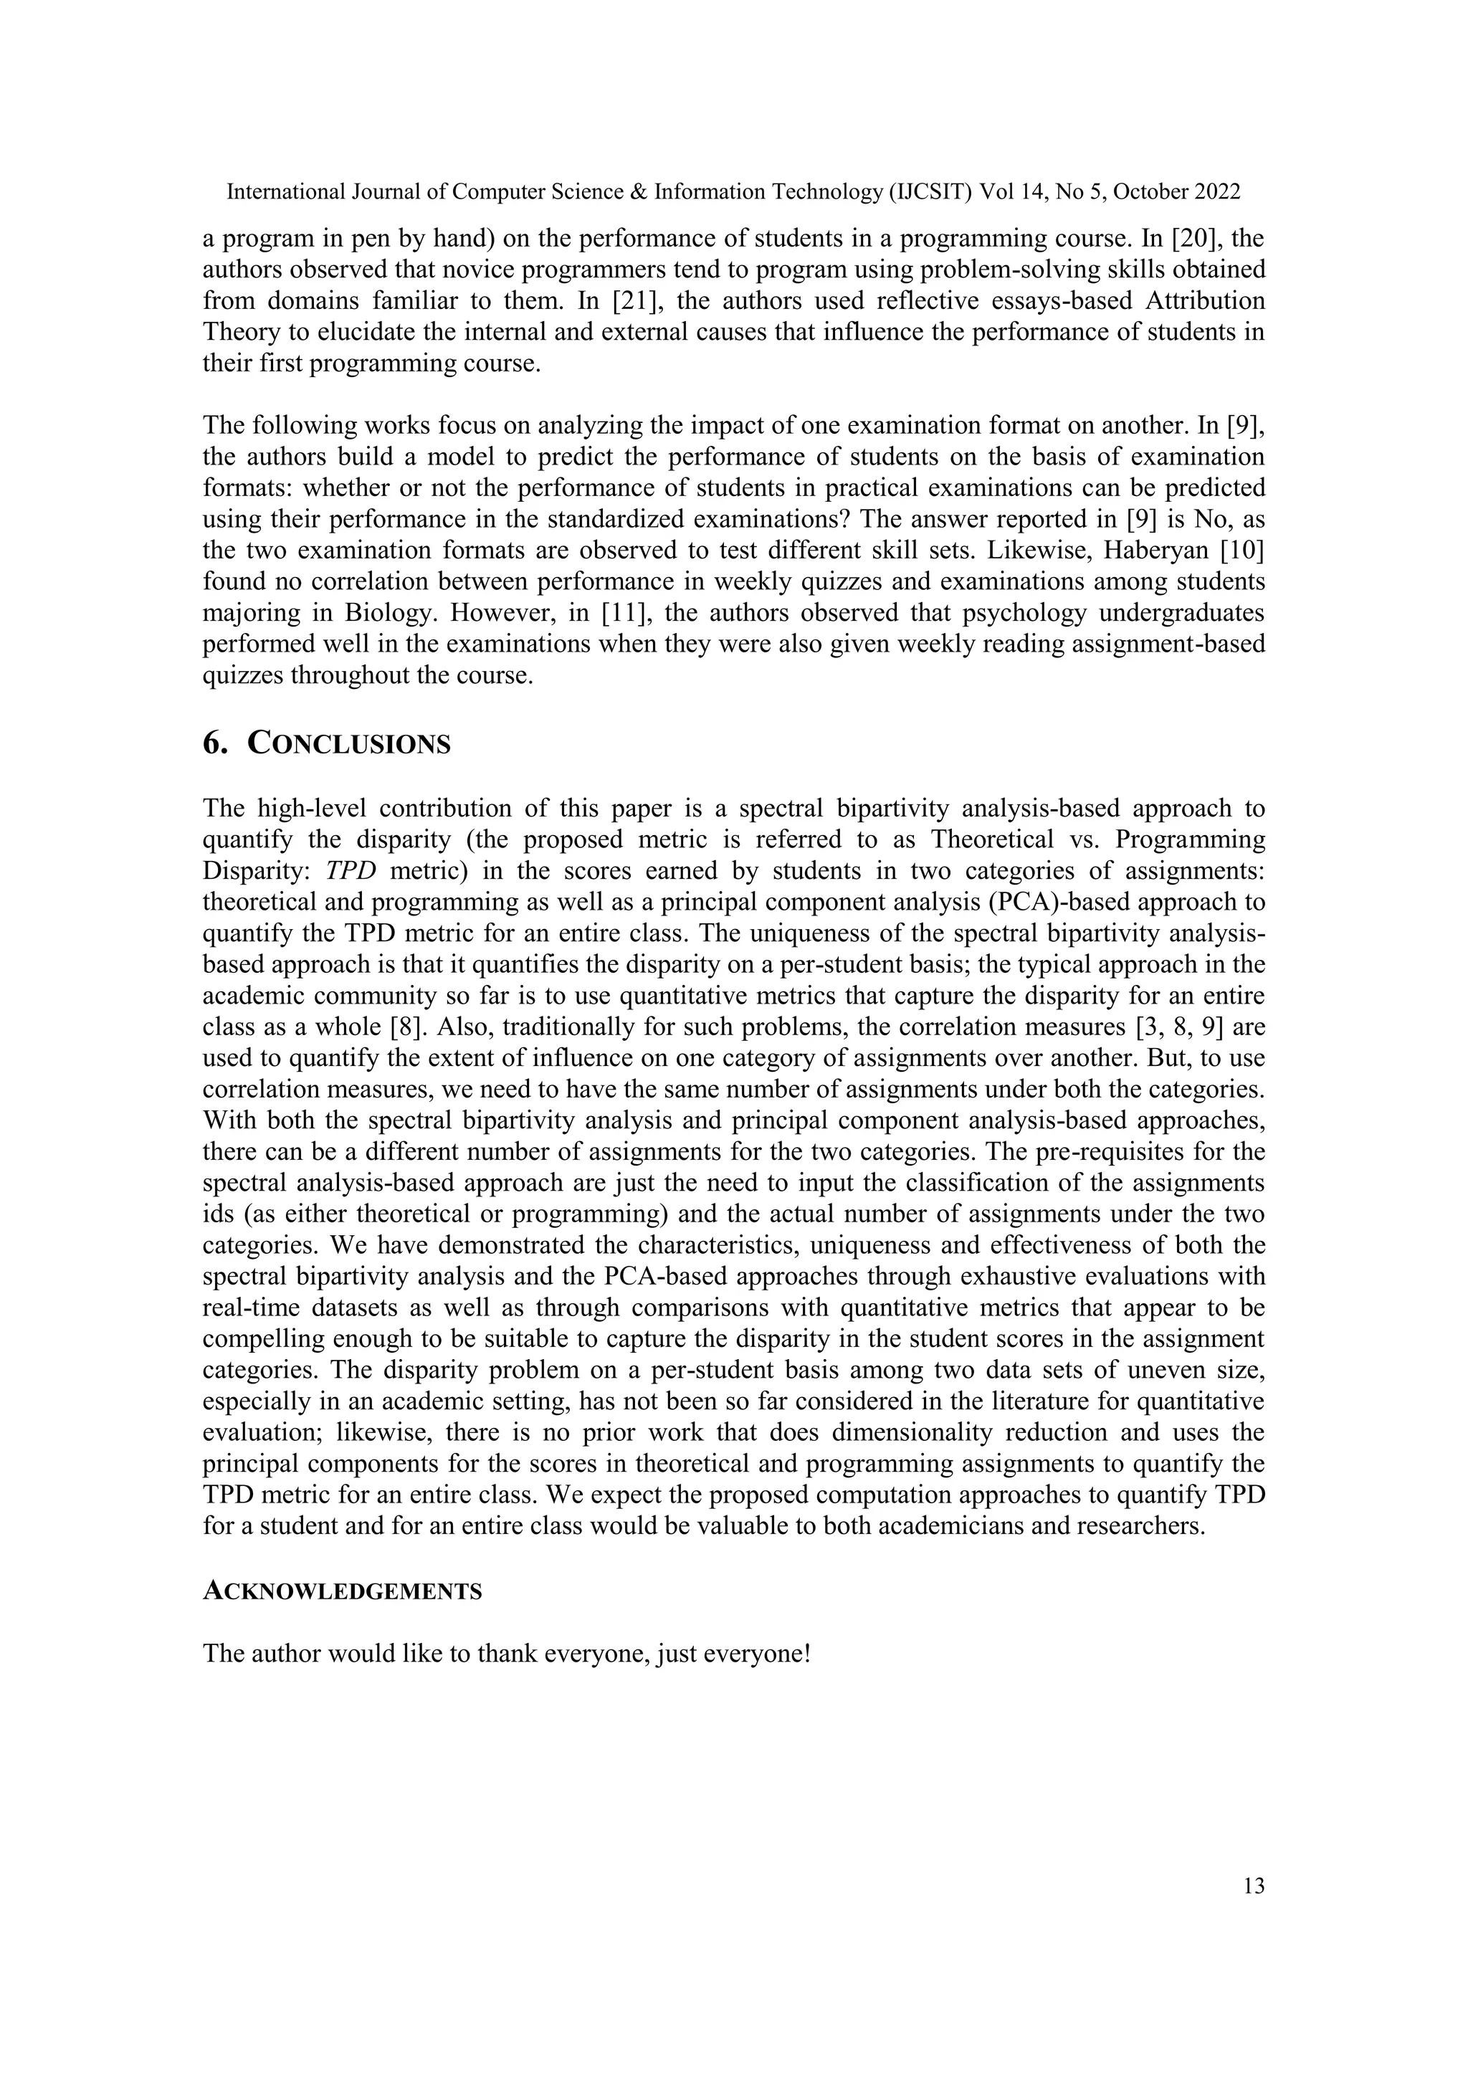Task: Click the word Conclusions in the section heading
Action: pos(349,743)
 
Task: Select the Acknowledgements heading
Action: pos(342,1591)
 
